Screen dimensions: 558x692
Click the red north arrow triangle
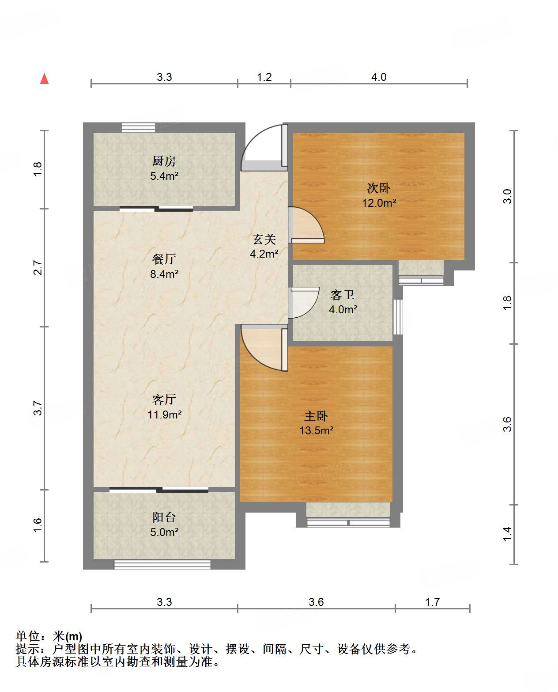tap(45, 79)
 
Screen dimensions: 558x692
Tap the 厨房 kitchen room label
tap(164, 161)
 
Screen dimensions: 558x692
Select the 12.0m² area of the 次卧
tap(379, 203)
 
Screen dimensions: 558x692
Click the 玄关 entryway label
tap(264, 240)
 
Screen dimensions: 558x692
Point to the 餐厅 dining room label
tap(164, 259)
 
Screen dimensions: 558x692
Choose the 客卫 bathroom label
tap(343, 295)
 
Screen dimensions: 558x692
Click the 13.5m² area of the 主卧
tap(317, 430)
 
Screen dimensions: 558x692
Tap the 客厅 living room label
tap(164, 399)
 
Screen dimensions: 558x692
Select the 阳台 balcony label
tap(164, 517)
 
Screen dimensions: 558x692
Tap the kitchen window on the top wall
tap(138, 127)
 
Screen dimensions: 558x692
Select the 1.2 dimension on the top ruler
tap(264, 77)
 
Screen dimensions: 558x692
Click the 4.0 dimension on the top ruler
tap(379, 77)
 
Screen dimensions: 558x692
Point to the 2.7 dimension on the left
tap(38, 268)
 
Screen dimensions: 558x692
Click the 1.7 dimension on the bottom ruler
tap(432, 602)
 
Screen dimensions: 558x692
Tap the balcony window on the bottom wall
tap(162, 564)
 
